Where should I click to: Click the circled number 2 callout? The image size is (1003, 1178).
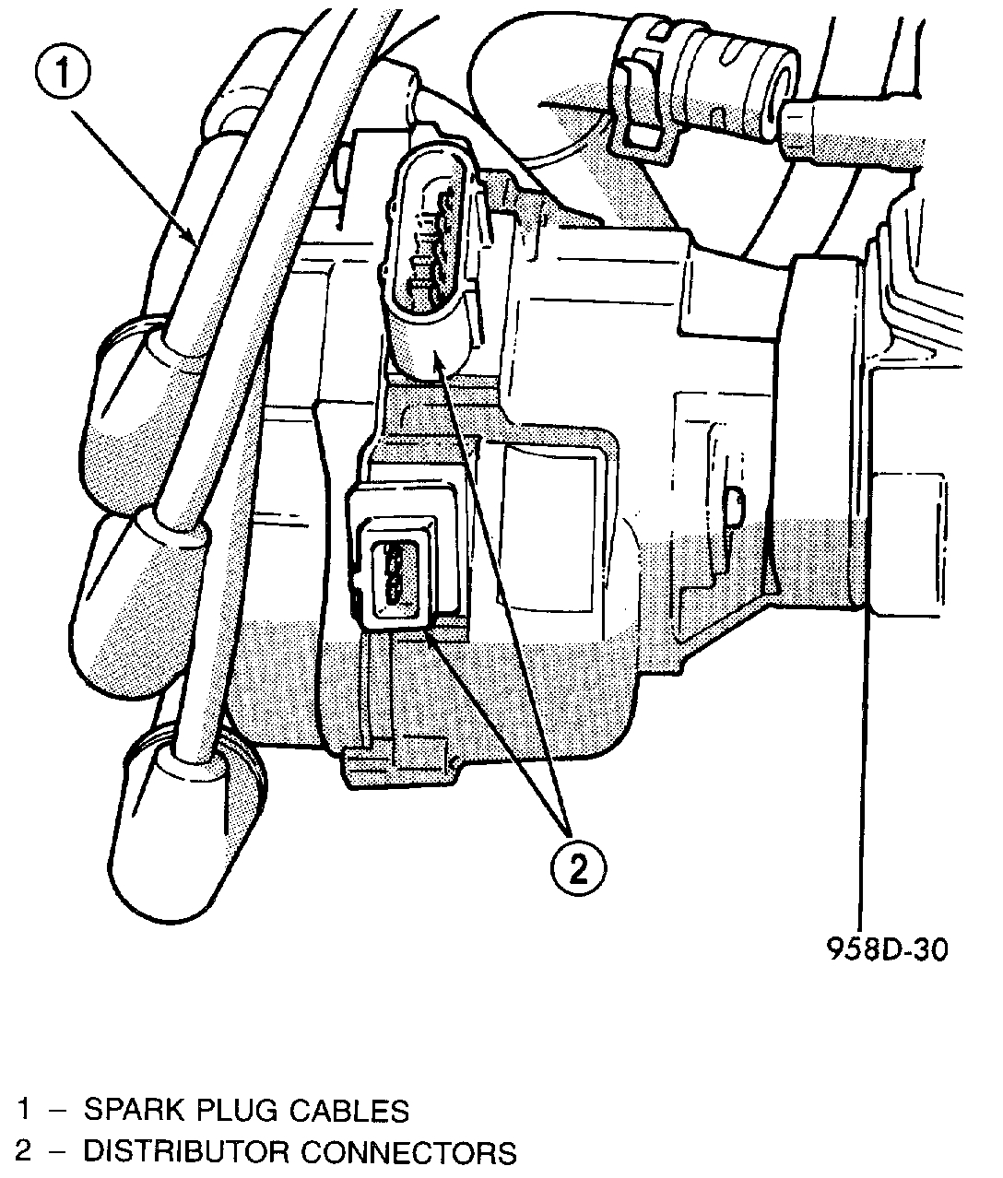click(x=578, y=867)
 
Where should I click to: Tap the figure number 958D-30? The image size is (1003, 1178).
click(x=885, y=948)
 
